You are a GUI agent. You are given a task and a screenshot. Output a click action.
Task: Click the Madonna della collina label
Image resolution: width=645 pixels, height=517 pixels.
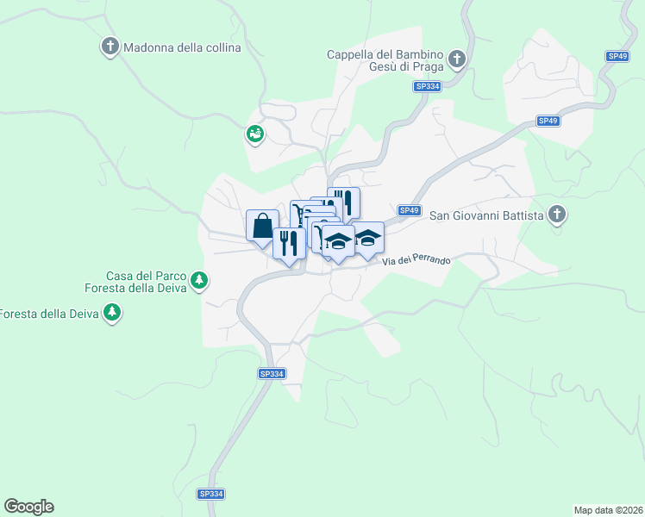click(182, 47)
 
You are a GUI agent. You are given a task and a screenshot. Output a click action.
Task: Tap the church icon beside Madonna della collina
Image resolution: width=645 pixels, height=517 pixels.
click(110, 47)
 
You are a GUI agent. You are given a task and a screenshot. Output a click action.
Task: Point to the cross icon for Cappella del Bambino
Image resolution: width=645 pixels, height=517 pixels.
click(457, 59)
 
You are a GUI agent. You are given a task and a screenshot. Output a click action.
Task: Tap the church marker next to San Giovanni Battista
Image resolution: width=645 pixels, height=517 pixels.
click(558, 214)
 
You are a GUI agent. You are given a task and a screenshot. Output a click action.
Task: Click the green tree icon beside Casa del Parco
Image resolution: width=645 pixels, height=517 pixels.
click(199, 280)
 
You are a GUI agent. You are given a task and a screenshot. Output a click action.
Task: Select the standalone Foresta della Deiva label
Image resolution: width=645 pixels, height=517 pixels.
click(47, 314)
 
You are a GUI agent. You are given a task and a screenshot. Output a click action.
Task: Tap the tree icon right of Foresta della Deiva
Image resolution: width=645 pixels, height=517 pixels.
click(111, 313)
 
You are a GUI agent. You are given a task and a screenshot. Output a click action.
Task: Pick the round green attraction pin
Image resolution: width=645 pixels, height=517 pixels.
click(255, 134)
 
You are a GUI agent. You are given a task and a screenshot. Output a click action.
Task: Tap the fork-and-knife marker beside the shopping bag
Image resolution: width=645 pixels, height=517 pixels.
click(289, 242)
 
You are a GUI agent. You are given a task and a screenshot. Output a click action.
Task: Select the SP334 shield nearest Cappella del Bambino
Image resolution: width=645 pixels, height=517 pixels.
click(427, 86)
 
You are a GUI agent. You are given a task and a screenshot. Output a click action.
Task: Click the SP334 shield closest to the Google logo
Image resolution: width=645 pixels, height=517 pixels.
click(211, 494)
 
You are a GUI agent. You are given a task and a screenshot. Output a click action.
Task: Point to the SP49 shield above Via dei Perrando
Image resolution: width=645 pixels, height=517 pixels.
click(409, 210)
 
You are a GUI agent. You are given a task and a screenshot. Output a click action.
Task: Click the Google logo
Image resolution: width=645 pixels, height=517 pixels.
click(28, 507)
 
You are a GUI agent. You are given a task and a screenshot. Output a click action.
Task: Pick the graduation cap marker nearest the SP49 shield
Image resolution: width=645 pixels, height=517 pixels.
click(368, 238)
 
